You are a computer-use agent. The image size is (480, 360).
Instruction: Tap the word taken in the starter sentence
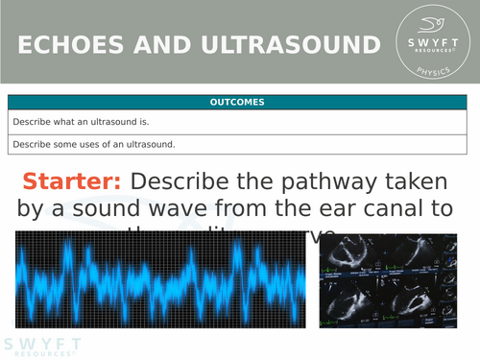click(x=416, y=181)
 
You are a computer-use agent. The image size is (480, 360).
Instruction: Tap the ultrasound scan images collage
click(x=394, y=282)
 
